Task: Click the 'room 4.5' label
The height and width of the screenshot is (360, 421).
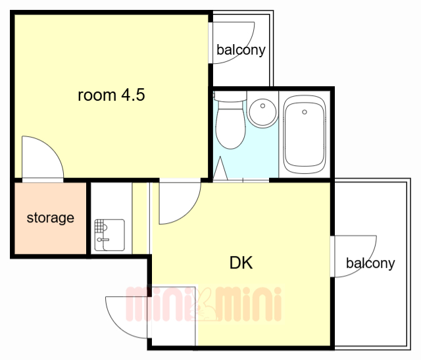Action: [x=111, y=95]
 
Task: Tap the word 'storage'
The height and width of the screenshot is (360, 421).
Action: [x=51, y=218]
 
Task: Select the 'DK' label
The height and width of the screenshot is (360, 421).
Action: [x=241, y=263]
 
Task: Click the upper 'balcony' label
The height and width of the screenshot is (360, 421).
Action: [x=241, y=50]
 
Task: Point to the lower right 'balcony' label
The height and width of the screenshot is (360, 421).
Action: [x=370, y=263]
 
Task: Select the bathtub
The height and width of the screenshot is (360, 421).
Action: [x=305, y=134]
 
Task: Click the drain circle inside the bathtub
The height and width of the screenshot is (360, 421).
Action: [x=305, y=112]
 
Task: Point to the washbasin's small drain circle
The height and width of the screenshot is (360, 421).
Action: [x=263, y=106]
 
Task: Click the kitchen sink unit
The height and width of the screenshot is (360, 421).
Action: [x=110, y=235]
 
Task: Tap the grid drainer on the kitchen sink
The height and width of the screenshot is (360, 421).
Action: [x=99, y=226]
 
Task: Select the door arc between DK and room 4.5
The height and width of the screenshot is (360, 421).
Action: [x=189, y=212]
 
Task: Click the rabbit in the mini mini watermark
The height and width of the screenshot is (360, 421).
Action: [x=203, y=305]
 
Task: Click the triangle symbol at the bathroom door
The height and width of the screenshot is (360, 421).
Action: [x=220, y=168]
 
